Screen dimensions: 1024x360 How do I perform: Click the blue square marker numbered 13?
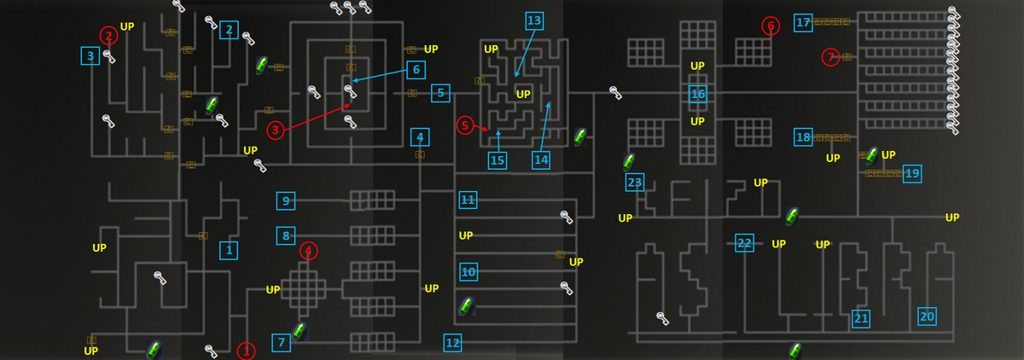[534, 20]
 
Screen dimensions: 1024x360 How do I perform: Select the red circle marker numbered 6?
[771, 26]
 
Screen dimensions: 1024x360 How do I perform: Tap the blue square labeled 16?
[698, 94]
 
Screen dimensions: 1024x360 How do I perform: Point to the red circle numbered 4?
[309, 251]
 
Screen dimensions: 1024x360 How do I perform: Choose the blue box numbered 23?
[635, 183]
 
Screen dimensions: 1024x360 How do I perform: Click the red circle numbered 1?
[246, 351]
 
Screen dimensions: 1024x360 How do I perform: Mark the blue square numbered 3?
[90, 55]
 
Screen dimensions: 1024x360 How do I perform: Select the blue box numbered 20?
[927, 316]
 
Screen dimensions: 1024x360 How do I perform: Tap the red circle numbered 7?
[830, 57]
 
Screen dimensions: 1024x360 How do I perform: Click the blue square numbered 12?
[452, 343]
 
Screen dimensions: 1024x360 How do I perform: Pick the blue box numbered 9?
[286, 201]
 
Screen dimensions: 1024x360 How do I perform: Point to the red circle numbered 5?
[465, 125]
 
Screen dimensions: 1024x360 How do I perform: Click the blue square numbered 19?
[912, 174]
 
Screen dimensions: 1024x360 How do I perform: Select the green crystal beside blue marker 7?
[300, 331]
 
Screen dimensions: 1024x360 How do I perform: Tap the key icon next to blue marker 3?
[109, 56]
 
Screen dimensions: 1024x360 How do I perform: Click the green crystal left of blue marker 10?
[466, 305]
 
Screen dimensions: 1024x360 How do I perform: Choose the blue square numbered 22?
[744, 243]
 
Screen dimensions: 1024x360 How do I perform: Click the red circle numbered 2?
[109, 36]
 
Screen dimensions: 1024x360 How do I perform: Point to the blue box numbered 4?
[420, 137]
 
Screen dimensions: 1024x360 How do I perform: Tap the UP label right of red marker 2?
[127, 26]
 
